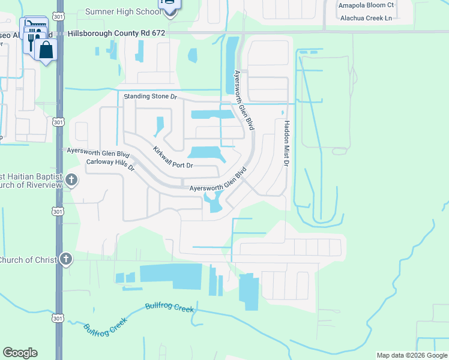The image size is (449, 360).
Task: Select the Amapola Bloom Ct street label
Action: tap(366, 5)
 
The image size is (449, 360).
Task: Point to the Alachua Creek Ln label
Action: tap(366, 18)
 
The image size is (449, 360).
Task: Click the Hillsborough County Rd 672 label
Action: tap(116, 34)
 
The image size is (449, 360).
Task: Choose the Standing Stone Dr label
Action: tap(151, 96)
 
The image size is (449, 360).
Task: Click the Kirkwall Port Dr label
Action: tap(173, 158)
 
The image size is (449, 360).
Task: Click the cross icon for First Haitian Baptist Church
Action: tap(71, 179)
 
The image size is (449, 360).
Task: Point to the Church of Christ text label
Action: tap(28, 260)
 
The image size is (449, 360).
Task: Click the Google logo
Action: tap(20, 353)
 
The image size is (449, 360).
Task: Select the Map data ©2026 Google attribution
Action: tap(412, 355)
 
